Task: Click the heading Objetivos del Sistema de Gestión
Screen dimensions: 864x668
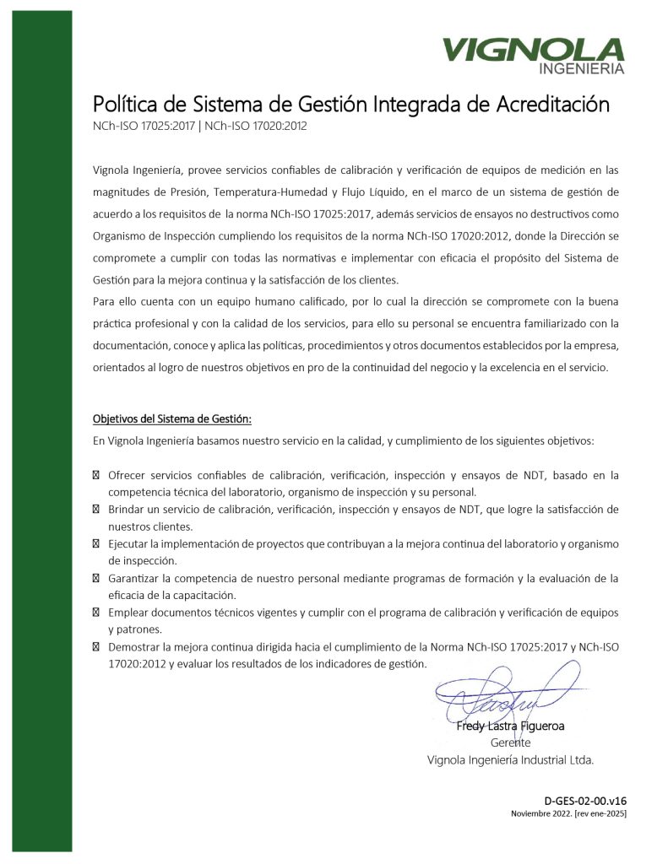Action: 171,418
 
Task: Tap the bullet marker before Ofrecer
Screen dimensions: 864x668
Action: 96,475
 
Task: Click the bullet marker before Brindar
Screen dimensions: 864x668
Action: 96,510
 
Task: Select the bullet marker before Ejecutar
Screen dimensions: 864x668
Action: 96,544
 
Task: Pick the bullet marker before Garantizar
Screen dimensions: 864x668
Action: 96,579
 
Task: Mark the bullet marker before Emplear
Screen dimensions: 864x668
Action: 96,613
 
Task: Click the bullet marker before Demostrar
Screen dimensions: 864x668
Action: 96,647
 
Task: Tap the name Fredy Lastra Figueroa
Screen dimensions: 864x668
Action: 510,726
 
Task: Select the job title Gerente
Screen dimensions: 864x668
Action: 510,742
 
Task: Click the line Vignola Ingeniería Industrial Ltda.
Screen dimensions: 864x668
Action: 510,760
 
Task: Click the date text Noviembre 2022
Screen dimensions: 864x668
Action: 540,813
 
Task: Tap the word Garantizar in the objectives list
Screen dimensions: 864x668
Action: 138,579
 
